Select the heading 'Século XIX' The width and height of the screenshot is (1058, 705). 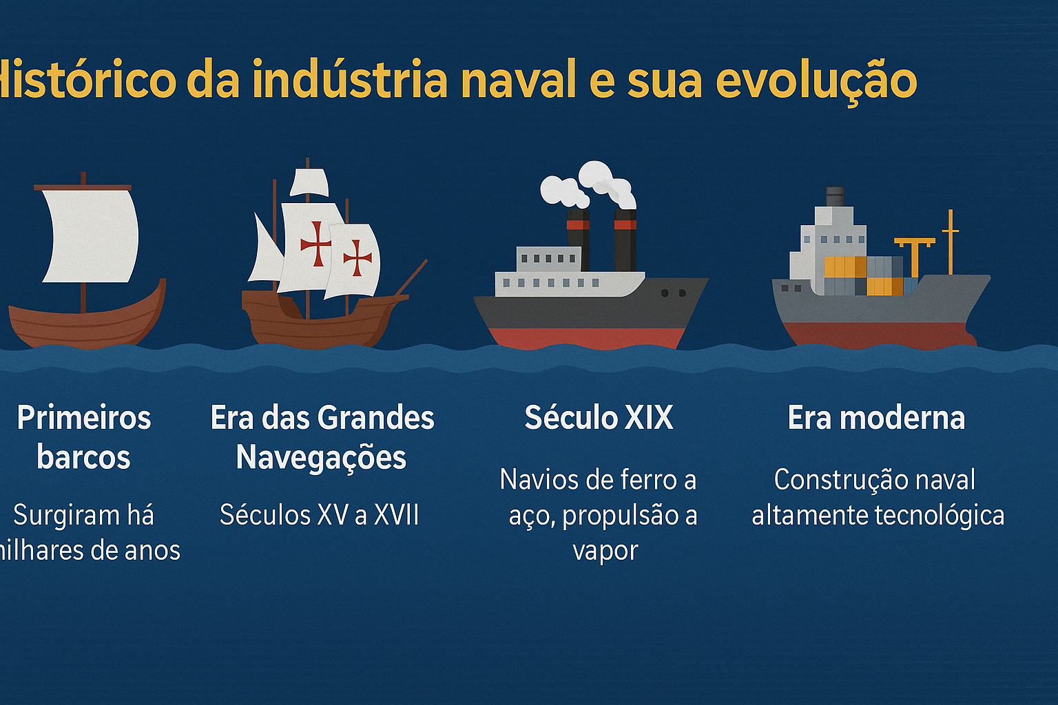599,418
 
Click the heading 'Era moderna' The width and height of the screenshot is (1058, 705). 876,418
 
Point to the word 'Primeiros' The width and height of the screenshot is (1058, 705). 84,418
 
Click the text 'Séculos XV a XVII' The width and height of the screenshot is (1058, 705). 320,515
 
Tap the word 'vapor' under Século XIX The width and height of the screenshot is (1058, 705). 605,551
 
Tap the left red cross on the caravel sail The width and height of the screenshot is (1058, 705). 315,244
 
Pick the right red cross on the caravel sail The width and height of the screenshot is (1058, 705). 357,258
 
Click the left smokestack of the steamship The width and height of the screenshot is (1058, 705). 578,238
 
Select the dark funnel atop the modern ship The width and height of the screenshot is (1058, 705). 835,196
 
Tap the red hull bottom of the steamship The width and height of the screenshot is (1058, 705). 585,337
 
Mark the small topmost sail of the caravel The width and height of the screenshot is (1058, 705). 309,182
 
